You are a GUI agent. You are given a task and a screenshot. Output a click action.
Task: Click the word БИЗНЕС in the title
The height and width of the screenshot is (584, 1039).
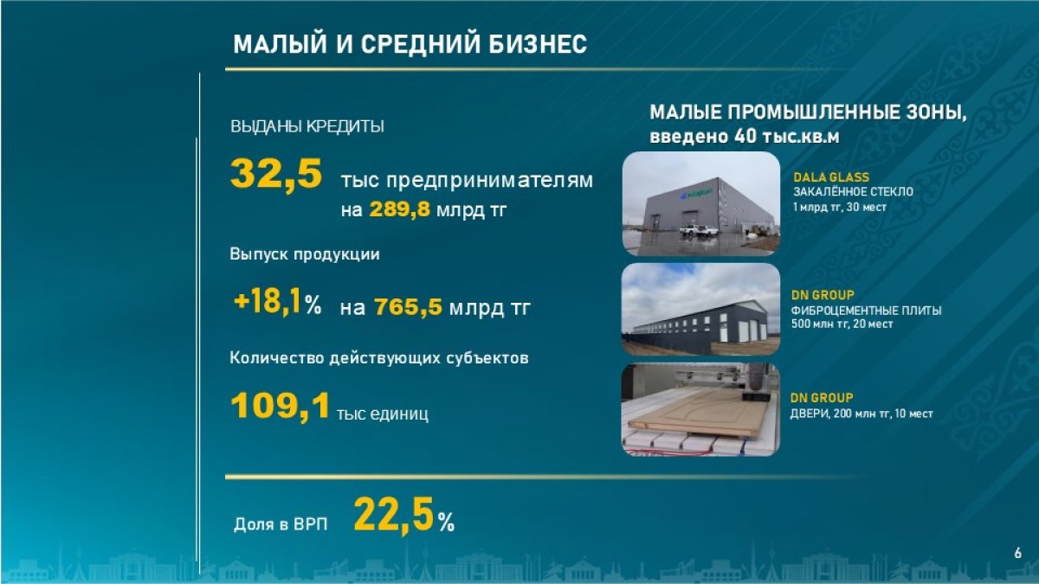[537, 44]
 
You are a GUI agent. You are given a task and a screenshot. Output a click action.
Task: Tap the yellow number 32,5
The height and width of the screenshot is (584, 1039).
[276, 174]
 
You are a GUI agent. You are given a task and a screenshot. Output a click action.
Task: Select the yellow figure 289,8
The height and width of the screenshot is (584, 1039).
[400, 209]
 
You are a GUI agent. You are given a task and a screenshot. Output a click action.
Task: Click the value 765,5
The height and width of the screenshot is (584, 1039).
[408, 307]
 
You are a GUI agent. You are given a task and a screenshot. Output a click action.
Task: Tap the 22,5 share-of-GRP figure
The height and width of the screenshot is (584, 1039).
[394, 515]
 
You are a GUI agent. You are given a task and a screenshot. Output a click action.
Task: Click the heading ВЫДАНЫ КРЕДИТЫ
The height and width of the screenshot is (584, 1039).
[307, 126]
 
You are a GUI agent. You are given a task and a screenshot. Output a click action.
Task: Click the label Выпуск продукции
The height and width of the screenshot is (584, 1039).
[305, 254]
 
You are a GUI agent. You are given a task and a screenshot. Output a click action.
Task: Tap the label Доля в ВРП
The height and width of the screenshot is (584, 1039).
[281, 524]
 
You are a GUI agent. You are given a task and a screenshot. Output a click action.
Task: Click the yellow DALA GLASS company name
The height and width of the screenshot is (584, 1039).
[831, 177]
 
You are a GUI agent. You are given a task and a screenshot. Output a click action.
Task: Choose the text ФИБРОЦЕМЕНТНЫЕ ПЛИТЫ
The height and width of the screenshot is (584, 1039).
[867, 310]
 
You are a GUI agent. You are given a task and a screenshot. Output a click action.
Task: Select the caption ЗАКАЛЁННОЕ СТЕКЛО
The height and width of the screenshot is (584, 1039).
[853, 191]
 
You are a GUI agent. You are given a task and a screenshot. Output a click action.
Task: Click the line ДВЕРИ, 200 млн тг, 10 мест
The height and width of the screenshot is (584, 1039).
[862, 413]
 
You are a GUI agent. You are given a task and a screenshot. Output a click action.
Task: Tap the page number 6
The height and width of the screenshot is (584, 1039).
[1018, 553]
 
